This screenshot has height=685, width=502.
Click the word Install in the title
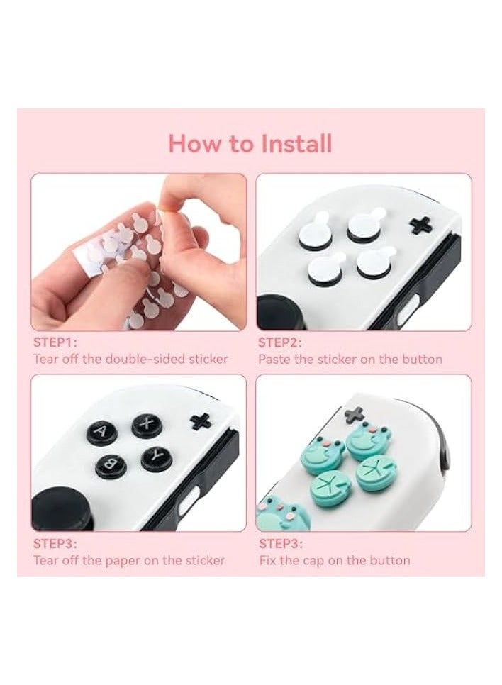pos(296,144)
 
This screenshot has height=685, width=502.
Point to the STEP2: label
pos(279,342)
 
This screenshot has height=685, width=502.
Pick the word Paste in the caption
pos(274,359)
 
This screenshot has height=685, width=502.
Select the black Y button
pos(156,457)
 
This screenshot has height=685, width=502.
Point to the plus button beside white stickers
pos(421,224)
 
